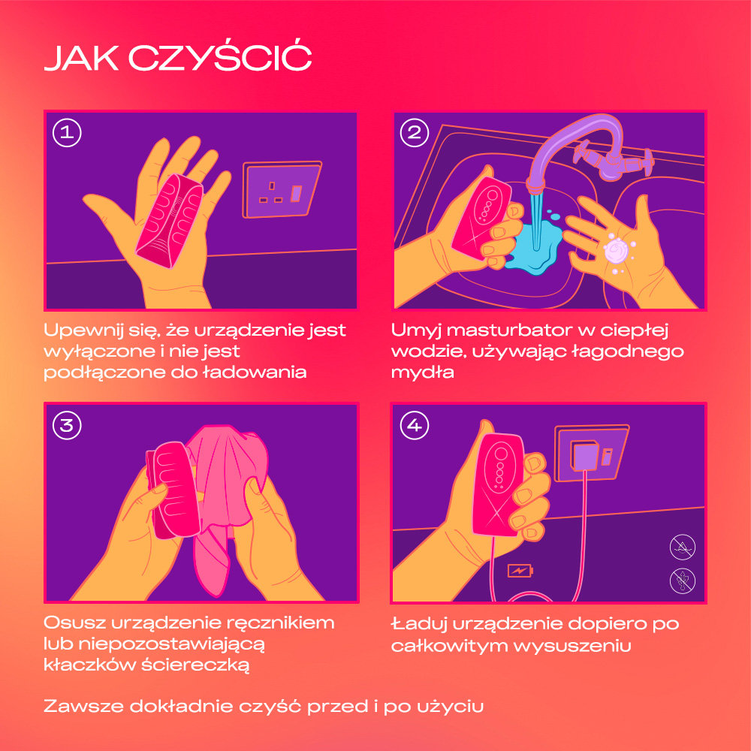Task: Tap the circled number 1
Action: tap(67, 132)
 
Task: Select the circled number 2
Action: tap(415, 132)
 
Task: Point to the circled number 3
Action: tap(67, 425)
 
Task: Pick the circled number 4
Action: tap(415, 425)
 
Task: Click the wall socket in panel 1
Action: tap(282, 190)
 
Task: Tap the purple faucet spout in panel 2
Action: tap(570, 149)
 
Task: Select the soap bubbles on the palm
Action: tap(618, 252)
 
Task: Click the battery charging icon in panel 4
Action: tap(520, 571)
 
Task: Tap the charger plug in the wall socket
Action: tap(584, 456)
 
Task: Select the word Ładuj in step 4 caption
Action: tap(420, 624)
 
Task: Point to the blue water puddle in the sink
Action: tap(534, 246)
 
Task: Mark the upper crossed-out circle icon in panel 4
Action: tap(682, 547)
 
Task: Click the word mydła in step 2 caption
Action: tap(422, 372)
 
